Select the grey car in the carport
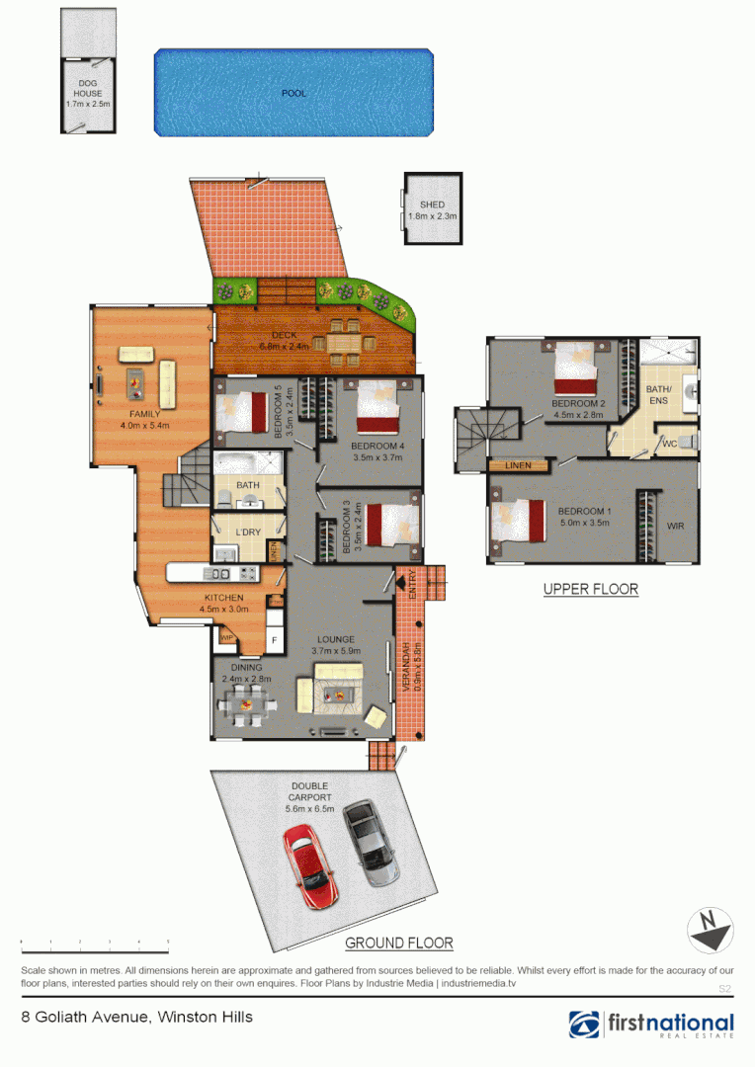click(372, 843)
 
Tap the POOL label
click(294, 94)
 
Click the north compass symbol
click(711, 931)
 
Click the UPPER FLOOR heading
click(591, 590)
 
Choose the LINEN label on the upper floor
click(518, 465)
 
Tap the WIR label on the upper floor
click(676, 527)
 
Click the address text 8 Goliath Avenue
click(137, 1017)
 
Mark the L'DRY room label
click(248, 533)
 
